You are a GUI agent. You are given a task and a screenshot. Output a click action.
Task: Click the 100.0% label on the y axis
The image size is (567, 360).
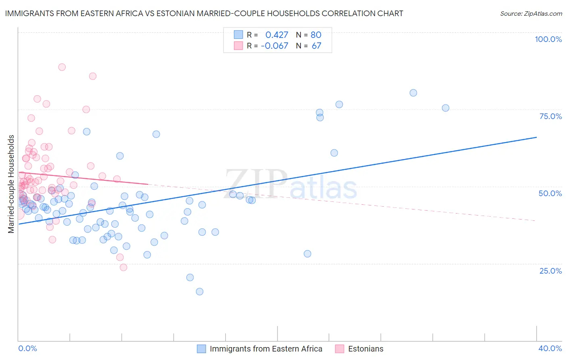pyautogui.click(x=548, y=39)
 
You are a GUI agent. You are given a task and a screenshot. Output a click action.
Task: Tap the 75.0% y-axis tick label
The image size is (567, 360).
pyautogui.click(x=550, y=116)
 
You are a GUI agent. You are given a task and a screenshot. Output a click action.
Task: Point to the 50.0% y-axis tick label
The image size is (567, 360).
pyautogui.click(x=550, y=193)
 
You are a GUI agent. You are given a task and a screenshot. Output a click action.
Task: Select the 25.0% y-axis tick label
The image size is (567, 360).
pyautogui.click(x=550, y=270)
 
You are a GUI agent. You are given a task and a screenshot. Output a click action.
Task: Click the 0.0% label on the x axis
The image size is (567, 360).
pyautogui.click(x=27, y=348)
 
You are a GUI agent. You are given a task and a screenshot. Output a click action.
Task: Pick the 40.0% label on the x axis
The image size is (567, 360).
pyautogui.click(x=550, y=348)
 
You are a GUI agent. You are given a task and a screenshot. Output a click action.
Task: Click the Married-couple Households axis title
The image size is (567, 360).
pyautogui.click(x=11, y=184)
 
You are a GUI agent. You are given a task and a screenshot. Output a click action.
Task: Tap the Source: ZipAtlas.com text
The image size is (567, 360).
pyautogui.click(x=531, y=14)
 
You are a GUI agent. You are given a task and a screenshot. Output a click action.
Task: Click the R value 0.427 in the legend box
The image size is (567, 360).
pyautogui.click(x=277, y=35)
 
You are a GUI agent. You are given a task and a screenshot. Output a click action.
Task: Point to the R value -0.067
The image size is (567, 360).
pyautogui.click(x=274, y=46)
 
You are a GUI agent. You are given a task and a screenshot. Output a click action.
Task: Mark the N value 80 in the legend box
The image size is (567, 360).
pyautogui.click(x=316, y=35)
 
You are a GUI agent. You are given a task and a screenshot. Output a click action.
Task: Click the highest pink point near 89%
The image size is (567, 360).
pyautogui.click(x=62, y=67)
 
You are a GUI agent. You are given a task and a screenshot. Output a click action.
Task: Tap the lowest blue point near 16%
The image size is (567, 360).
pyautogui.click(x=199, y=291)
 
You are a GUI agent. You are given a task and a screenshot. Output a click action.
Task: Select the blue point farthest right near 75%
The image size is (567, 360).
pyautogui.click(x=445, y=108)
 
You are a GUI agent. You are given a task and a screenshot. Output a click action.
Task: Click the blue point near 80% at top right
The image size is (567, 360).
pyautogui.click(x=413, y=93)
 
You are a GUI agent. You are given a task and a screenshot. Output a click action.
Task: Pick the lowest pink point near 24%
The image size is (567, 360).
pyautogui.click(x=123, y=267)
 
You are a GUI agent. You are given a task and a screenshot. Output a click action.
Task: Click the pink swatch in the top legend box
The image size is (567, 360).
pyautogui.click(x=238, y=46)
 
